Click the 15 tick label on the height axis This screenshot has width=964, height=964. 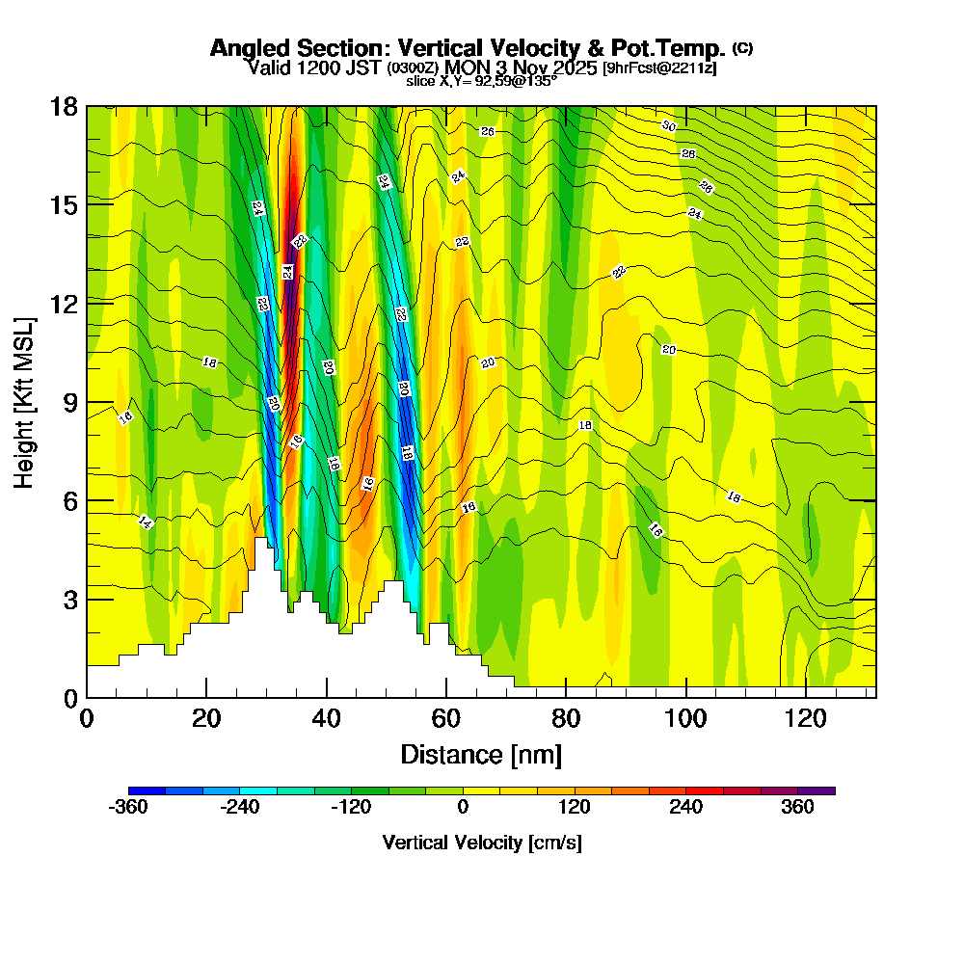pyautogui.click(x=65, y=205)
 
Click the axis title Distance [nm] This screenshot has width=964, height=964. pyautogui.click(x=481, y=754)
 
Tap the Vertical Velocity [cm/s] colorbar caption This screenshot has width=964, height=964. pyautogui.click(x=481, y=843)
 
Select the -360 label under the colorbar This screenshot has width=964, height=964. pyautogui.click(x=128, y=808)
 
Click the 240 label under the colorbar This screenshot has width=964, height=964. pyautogui.click(x=686, y=808)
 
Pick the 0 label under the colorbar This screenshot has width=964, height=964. pyautogui.click(x=463, y=808)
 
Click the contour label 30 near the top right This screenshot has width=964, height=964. pyautogui.click(x=668, y=126)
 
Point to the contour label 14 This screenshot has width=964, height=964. pyautogui.click(x=146, y=522)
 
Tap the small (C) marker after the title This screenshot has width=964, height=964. pyautogui.click(x=742, y=47)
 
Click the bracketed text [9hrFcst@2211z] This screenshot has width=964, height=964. pyautogui.click(x=659, y=68)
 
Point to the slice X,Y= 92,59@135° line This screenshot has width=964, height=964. pyautogui.click(x=481, y=82)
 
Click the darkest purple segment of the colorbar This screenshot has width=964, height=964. pyautogui.click(x=817, y=790)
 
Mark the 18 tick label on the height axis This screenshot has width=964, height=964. pyautogui.click(x=65, y=106)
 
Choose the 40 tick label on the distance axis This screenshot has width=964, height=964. pyautogui.click(x=327, y=718)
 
